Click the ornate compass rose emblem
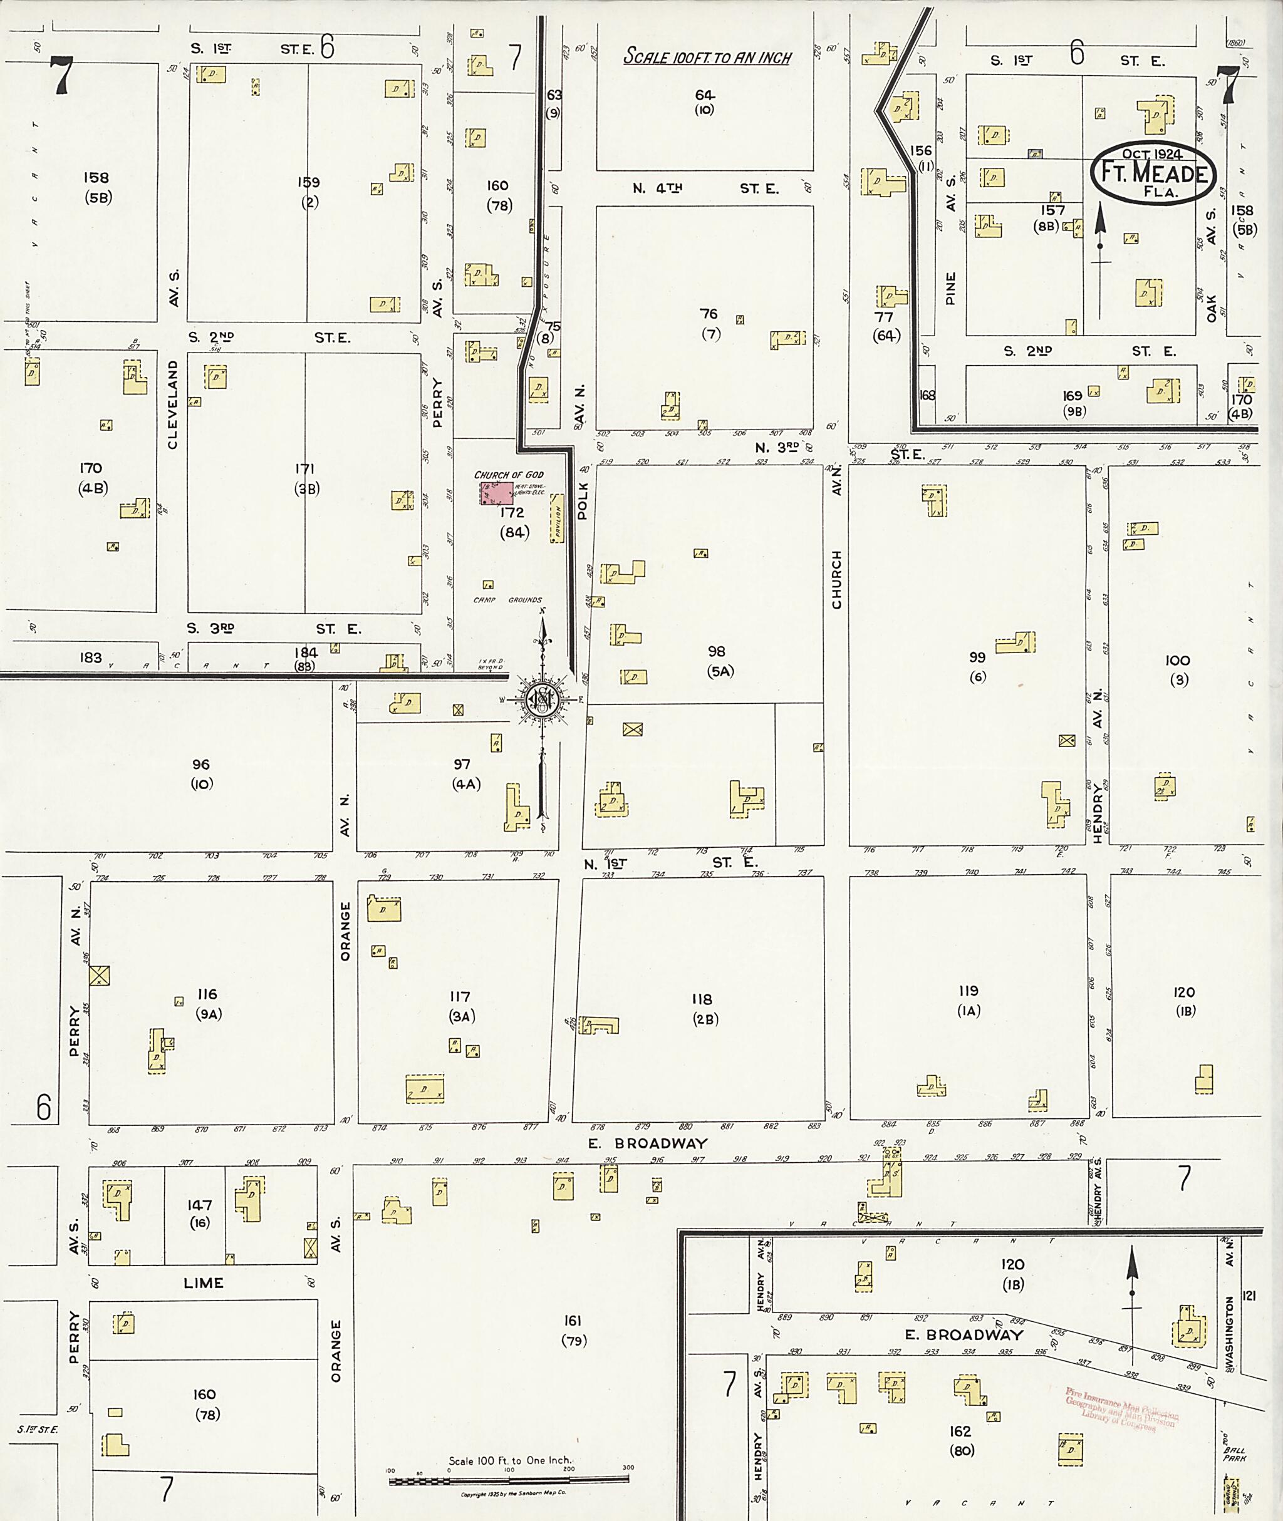pos(543,699)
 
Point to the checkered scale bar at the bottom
pos(509,1480)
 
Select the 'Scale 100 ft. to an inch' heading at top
pos(707,58)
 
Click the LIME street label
pos(203,1283)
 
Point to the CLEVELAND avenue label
pos(173,405)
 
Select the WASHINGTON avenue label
pos(1230,1331)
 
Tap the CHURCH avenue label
pos(836,579)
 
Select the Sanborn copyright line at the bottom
pos(514,1495)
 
